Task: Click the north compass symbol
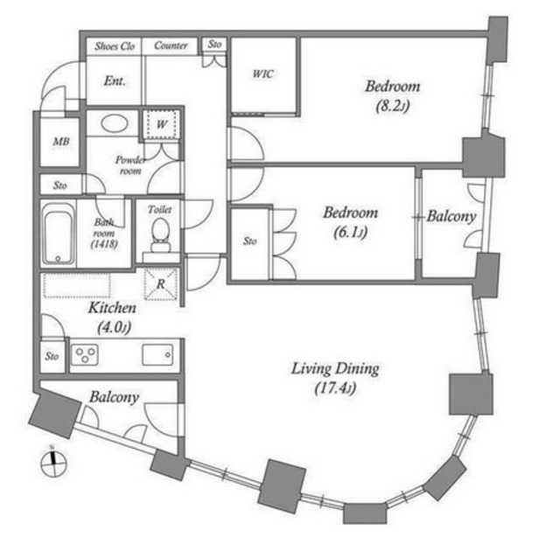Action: pyautogui.click(x=53, y=463)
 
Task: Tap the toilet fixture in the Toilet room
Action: pyautogui.click(x=161, y=235)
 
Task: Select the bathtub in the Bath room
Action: pyautogui.click(x=59, y=234)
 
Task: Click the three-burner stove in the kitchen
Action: pyautogui.click(x=85, y=354)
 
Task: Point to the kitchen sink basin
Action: pyautogui.click(x=157, y=354)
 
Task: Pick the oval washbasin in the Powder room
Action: pyautogui.click(x=115, y=123)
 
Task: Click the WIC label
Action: pyautogui.click(x=263, y=74)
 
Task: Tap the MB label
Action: pyautogui.click(x=61, y=142)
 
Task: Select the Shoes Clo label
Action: pyautogui.click(x=115, y=46)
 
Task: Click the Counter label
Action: pyautogui.click(x=171, y=45)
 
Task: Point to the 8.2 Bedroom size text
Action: pyautogui.click(x=393, y=106)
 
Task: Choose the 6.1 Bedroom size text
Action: pyautogui.click(x=350, y=233)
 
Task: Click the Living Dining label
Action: pyautogui.click(x=335, y=369)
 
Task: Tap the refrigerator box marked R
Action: pyautogui.click(x=161, y=284)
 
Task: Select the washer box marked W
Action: pyautogui.click(x=161, y=124)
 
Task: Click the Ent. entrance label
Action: pyautogui.click(x=115, y=80)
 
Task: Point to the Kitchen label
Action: pyautogui.click(x=112, y=308)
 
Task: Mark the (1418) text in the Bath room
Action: pyautogui.click(x=104, y=244)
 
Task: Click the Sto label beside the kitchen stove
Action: pyautogui.click(x=52, y=356)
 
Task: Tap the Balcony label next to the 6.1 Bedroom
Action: pyautogui.click(x=451, y=216)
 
